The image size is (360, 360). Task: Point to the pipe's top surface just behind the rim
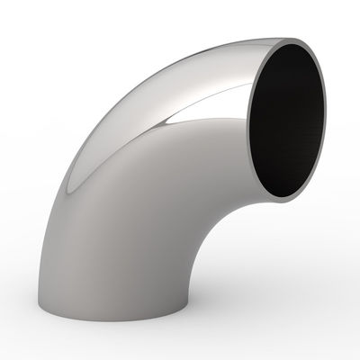click(261, 49)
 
